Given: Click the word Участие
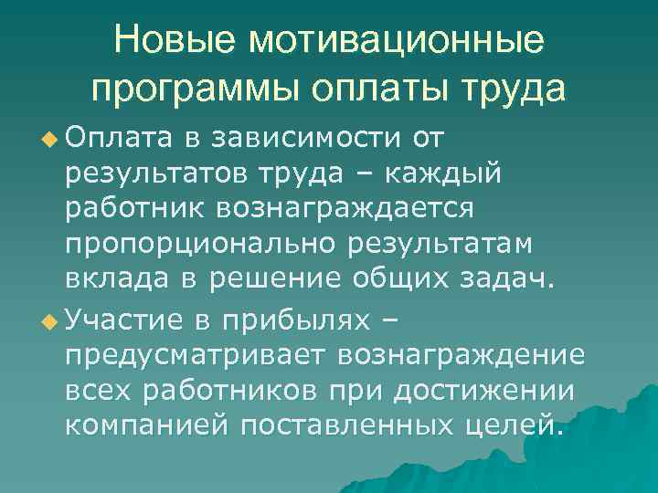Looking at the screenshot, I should tap(123, 320).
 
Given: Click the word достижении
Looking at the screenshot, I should tap(484, 390).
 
